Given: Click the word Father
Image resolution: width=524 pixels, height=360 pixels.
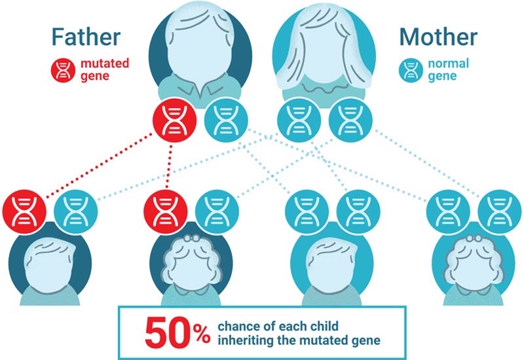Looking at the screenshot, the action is tap(86, 37).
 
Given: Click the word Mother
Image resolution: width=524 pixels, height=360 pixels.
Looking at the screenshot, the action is tap(438, 37).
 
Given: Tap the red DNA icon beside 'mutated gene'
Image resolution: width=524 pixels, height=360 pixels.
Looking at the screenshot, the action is tap(63, 70).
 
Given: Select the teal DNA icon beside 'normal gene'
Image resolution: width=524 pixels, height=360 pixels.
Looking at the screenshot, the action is tap(411, 70).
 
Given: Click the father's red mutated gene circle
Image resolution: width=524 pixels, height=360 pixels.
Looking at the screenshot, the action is tap(174, 120).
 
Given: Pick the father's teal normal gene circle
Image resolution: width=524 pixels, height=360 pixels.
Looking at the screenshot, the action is tap(226, 120).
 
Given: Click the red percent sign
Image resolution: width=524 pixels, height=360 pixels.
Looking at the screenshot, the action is tap(202, 334).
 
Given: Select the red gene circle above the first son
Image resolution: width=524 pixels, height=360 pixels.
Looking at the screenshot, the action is tap(24, 211).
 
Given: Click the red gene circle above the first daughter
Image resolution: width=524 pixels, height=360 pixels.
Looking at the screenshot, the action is tap(166, 211).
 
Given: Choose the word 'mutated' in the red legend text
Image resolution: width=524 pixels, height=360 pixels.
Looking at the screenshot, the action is tap(105, 63).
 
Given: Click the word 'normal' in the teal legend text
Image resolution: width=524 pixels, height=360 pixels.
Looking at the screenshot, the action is tap(449, 63).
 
